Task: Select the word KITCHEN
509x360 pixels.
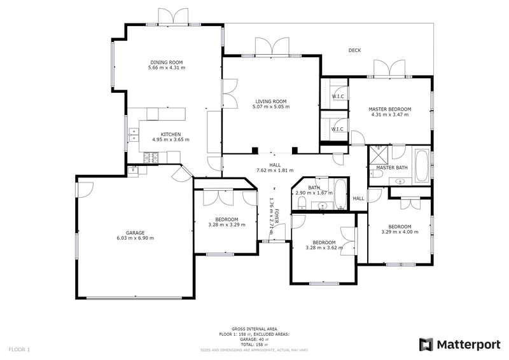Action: point(171,134)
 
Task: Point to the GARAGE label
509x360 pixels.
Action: point(135,232)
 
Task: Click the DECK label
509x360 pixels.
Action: point(355,51)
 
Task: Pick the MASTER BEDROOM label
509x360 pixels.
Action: point(390,109)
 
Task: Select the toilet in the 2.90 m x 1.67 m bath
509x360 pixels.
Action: point(302,203)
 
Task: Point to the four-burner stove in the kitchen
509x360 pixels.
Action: point(152,157)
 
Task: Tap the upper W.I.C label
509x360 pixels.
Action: point(338,96)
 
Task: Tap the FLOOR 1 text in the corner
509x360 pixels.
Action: point(19,350)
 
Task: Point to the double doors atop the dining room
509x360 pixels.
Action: point(173,17)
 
